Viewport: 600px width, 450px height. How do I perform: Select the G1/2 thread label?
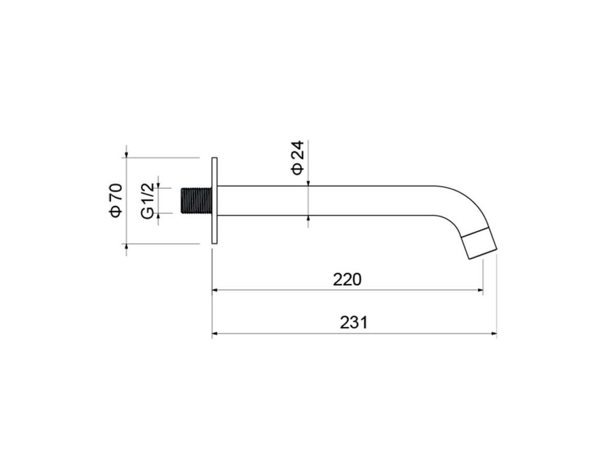click(x=148, y=201)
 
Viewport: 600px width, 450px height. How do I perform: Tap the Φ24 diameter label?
click(x=298, y=158)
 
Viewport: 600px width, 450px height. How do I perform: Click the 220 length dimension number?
click(x=347, y=280)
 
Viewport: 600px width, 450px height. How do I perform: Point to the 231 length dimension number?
click(x=354, y=322)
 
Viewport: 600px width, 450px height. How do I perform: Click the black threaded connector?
click(x=196, y=200)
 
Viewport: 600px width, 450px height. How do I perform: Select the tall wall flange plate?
click(x=215, y=200)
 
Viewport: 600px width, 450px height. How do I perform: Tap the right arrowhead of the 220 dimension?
click(x=480, y=291)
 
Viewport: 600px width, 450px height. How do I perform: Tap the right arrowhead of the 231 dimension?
click(x=494, y=334)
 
